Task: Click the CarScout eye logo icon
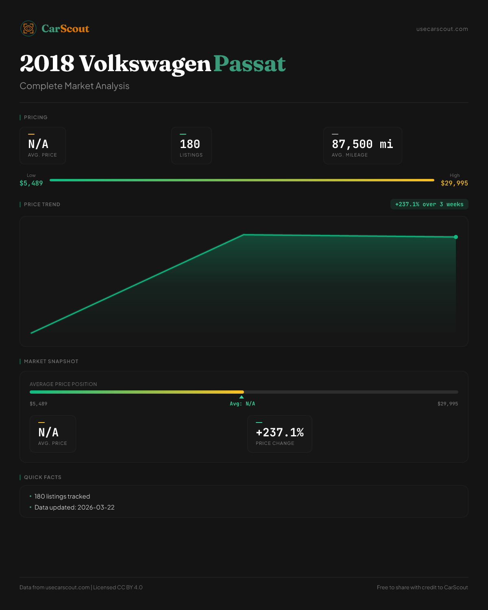pos(28,28)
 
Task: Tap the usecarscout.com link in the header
pos(442,29)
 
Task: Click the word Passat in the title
pos(249,64)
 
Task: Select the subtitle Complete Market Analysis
pos(74,86)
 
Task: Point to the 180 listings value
pos(190,144)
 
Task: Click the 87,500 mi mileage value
pos(362,144)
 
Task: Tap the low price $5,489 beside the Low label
pos(31,183)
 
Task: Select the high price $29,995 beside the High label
pos(454,183)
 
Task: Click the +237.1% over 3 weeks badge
pos(429,205)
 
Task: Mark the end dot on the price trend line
pos(456,237)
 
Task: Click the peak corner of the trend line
pos(243,235)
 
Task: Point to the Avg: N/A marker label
pos(242,404)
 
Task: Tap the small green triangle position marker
pos(242,397)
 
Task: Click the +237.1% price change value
pos(280,433)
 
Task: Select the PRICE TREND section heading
pos(42,205)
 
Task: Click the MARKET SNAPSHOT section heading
pos(51,362)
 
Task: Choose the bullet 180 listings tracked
pos(62,497)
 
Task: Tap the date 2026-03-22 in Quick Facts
pos(96,508)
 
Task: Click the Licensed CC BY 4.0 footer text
pos(118,588)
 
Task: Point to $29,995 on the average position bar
pos(447,404)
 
